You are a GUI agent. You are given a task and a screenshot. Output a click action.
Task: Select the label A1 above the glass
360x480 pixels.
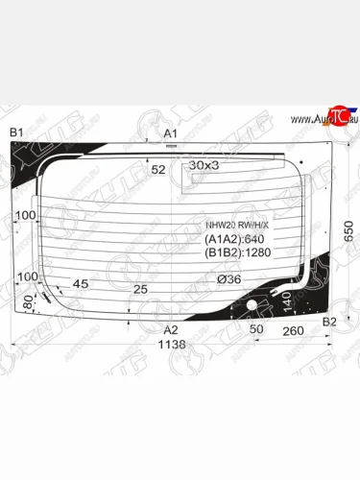171,132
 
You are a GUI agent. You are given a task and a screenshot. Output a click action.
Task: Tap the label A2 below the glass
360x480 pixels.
171,328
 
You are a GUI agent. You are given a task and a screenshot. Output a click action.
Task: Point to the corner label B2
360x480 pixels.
329,321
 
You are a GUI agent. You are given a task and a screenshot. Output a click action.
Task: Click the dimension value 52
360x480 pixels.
158,170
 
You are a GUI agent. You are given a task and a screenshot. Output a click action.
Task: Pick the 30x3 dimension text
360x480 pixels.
204,165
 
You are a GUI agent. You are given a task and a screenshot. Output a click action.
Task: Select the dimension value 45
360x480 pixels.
81,283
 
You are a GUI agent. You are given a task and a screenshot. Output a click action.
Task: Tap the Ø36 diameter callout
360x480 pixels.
228,279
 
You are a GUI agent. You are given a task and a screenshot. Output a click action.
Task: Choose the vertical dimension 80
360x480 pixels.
27,304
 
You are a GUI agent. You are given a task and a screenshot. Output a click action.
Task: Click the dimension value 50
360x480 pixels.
255,329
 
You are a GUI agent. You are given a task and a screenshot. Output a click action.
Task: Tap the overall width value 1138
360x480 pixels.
171,344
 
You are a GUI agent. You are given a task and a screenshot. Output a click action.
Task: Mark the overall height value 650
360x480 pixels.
349,230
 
